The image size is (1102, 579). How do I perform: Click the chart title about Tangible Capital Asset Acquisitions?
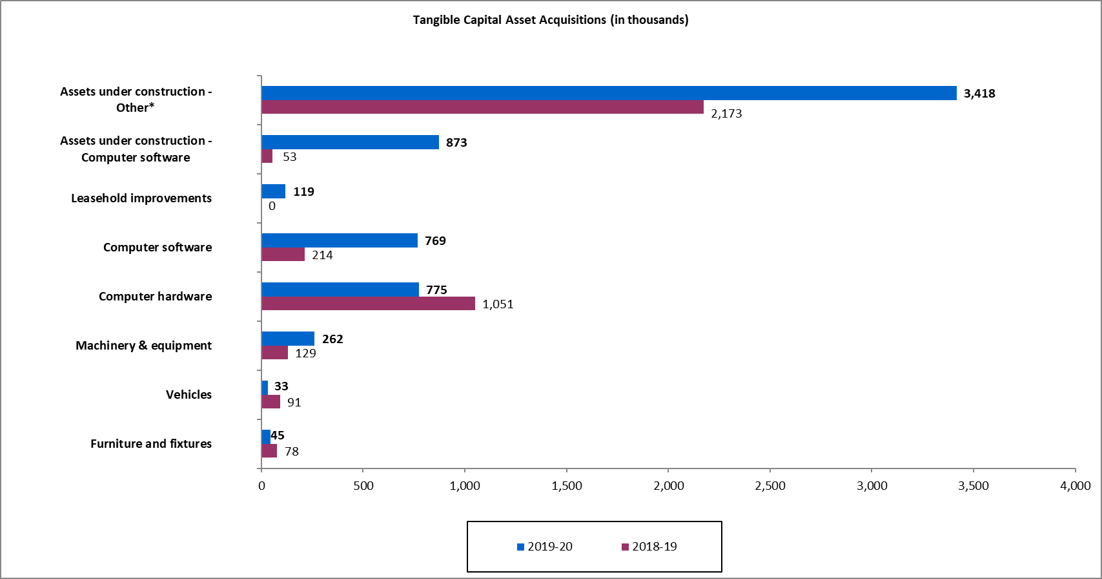551,20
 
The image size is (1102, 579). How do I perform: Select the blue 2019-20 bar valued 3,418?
609,93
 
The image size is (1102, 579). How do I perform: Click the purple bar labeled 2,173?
482,107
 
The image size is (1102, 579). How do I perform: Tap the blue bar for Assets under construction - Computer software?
350,142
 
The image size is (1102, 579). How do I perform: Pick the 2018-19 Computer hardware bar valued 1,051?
368,304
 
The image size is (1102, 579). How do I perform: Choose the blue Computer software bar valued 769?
340,240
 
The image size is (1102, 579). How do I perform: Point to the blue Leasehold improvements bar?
273,191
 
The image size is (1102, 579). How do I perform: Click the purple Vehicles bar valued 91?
270,402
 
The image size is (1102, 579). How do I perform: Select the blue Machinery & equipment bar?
288,339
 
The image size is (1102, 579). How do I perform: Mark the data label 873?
456,143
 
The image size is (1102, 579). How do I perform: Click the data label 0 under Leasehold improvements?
272,206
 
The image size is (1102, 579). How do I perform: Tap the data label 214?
322,255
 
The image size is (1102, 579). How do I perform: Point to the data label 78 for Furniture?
292,452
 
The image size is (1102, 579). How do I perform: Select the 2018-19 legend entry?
649,547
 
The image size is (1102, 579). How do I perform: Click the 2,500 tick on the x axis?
770,486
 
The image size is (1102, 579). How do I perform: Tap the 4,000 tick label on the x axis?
1075,486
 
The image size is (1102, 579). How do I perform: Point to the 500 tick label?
363,486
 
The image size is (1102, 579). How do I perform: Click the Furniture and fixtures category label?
151,444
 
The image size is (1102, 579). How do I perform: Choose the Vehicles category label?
189,395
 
